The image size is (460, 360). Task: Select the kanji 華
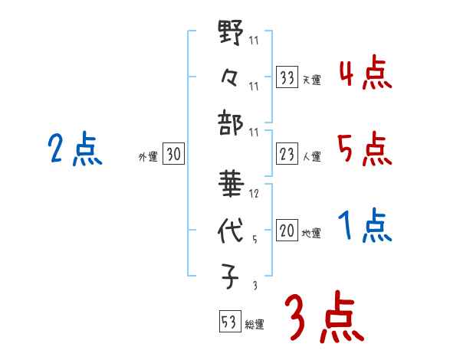[x=231, y=186]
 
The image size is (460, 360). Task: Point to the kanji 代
[x=231, y=230]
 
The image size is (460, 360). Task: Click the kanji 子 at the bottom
[x=231, y=273]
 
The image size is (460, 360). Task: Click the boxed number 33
[x=287, y=77]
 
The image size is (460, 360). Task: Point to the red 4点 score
[x=366, y=75]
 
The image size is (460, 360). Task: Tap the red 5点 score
[x=365, y=149]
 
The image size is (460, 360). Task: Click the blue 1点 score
[x=365, y=226]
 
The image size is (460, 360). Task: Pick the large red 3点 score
[x=323, y=318]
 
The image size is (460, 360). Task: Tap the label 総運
[x=255, y=324]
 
